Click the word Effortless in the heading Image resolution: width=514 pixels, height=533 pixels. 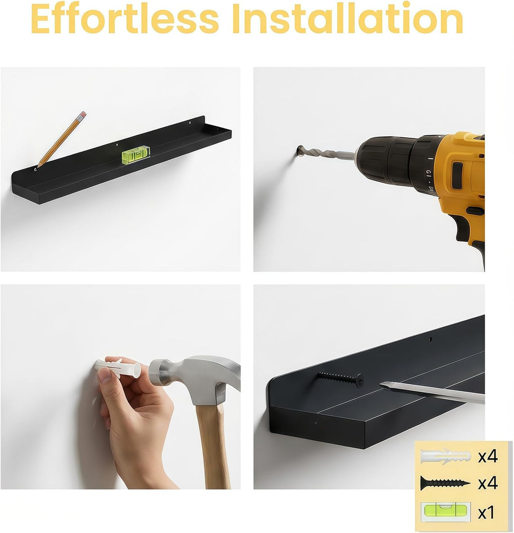[124, 19]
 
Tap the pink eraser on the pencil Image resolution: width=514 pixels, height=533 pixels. [82, 115]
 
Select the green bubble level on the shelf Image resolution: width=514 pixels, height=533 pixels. [136, 154]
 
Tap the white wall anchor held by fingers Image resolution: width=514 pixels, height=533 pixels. [117, 369]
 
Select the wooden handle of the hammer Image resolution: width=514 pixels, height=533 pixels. [213, 446]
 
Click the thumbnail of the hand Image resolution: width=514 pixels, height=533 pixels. [104, 375]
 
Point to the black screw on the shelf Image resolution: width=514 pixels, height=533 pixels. [341, 379]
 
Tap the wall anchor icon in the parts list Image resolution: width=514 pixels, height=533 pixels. [446, 456]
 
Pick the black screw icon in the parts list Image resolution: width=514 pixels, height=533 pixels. [446, 483]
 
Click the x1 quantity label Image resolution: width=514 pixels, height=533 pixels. [486, 512]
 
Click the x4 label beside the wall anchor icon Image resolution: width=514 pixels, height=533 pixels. [488, 456]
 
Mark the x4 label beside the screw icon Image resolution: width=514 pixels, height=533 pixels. [488, 483]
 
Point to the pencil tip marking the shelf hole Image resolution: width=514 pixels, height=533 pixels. [38, 166]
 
